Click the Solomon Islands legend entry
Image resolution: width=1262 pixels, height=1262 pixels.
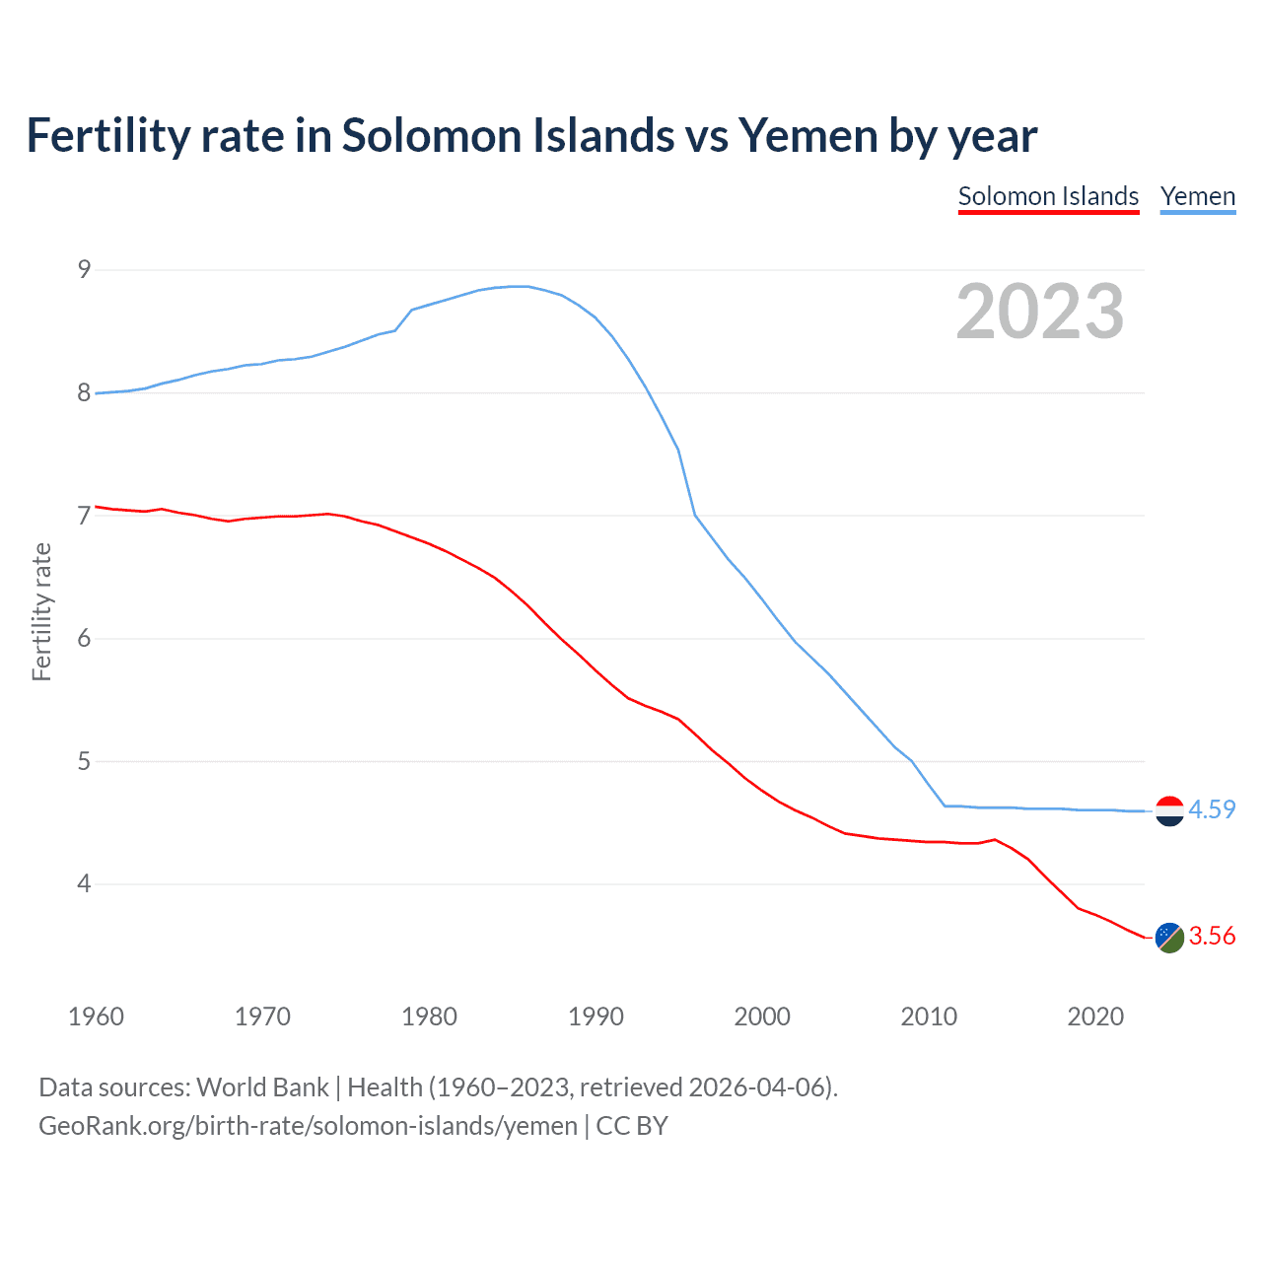[1048, 196]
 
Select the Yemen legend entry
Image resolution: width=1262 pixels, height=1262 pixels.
[1197, 196]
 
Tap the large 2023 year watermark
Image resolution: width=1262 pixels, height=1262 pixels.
[1040, 312]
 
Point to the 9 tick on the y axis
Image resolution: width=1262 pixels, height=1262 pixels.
[84, 269]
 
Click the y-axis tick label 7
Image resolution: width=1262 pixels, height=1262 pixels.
[84, 516]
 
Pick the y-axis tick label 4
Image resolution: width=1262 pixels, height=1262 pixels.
[84, 884]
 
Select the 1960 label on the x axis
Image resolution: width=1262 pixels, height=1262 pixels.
[96, 1017]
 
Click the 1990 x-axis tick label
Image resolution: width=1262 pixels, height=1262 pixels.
[596, 1017]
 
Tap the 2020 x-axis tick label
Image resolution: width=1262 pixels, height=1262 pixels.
[1095, 1017]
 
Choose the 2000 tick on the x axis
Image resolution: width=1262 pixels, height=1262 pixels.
[762, 1017]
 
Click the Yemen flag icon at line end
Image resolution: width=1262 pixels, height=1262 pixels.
[1169, 810]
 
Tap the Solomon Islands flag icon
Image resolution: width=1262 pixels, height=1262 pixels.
[1169, 937]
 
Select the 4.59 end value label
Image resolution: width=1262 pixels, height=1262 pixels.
[1212, 809]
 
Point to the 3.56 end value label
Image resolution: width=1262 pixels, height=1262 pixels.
[1212, 936]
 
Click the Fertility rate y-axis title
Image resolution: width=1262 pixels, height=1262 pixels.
[41, 611]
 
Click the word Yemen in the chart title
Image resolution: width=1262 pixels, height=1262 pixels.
[808, 136]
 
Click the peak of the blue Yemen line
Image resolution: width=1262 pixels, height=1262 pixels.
[520, 286]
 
